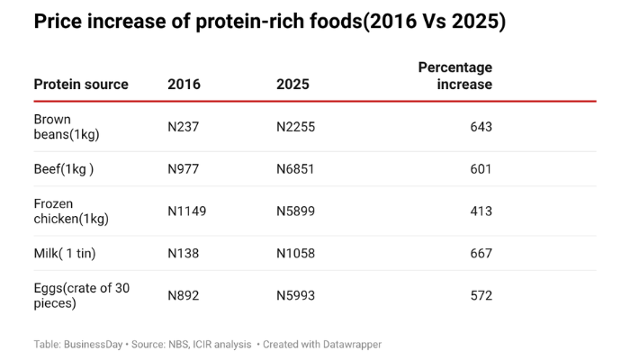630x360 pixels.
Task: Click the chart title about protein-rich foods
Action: (x=269, y=22)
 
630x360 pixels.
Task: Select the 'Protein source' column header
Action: (x=81, y=85)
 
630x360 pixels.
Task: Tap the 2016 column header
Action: (x=184, y=85)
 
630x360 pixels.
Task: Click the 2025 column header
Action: (x=292, y=85)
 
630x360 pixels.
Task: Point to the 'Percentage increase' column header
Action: (x=455, y=76)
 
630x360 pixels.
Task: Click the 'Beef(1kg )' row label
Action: (x=64, y=169)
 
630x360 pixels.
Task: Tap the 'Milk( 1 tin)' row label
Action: (x=65, y=254)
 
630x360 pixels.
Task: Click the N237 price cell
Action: (x=184, y=127)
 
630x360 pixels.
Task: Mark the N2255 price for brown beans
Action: (x=295, y=127)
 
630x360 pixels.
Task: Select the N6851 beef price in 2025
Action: (x=295, y=169)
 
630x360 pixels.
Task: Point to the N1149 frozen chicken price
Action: (x=187, y=211)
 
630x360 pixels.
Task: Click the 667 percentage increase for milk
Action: (x=481, y=254)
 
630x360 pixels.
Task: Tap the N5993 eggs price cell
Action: (x=295, y=296)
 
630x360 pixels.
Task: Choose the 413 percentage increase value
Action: (x=481, y=211)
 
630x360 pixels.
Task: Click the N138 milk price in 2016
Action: (x=184, y=254)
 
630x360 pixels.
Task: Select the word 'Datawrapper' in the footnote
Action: (x=349, y=344)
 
